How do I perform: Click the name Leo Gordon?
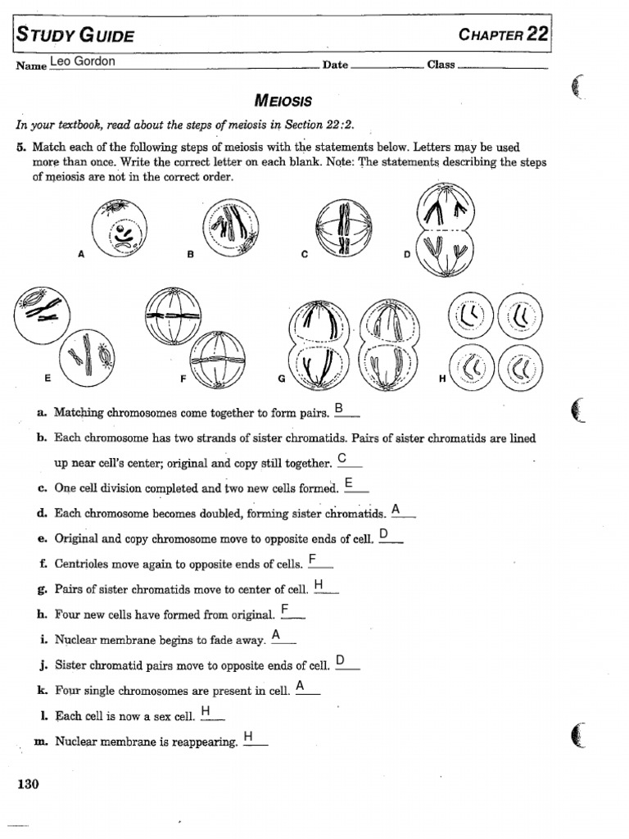pos(84,62)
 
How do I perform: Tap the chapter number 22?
pos(537,34)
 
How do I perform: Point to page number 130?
pos(28,784)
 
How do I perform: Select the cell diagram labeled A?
pos(120,227)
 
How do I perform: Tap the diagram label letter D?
pos(406,255)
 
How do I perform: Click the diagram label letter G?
pos(282,379)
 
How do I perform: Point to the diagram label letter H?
pos(442,379)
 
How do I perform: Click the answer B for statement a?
pos(339,408)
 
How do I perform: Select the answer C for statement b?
pos(342,457)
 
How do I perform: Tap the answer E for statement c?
pos(350,483)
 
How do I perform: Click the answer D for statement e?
pos(385,534)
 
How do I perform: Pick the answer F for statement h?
pos(285,609)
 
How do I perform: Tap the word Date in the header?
pos(335,65)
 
